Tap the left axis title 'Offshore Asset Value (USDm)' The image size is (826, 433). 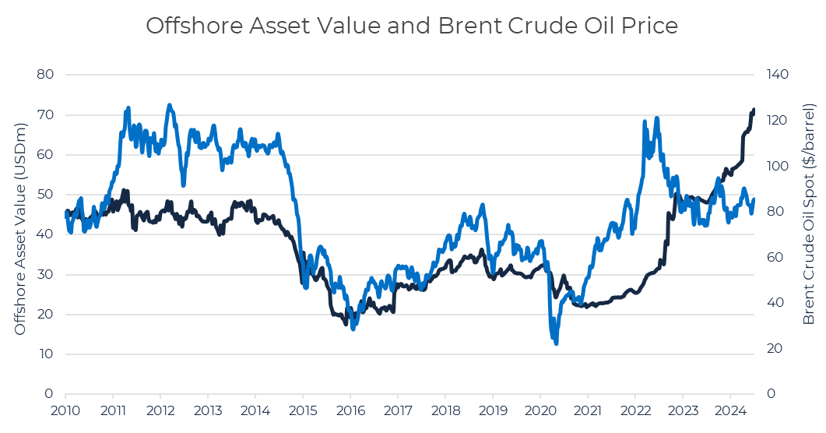point(21,234)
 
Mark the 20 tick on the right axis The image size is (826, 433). point(772,348)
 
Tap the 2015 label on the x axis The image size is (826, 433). point(303,410)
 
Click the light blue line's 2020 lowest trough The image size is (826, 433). point(556,343)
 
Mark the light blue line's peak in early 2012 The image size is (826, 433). point(169,104)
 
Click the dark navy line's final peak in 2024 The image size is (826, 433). point(753,110)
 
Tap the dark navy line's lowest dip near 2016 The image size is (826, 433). point(346,323)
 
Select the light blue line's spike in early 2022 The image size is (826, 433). point(645,122)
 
